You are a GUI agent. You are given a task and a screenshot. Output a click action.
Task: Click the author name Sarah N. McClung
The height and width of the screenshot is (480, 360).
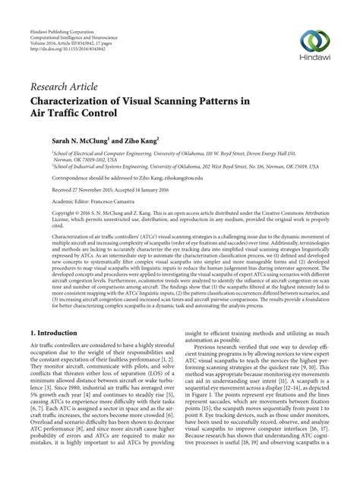[84, 141]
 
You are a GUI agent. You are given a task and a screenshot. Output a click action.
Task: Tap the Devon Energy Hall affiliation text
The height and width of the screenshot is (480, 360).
[286, 153]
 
